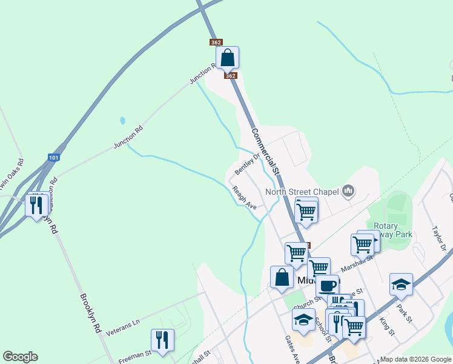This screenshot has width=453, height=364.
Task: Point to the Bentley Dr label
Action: click(x=247, y=161)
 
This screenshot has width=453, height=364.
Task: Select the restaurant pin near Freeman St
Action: click(x=162, y=340)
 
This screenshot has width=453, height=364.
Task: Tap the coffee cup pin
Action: click(x=327, y=286)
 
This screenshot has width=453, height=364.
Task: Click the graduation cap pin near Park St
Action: click(x=401, y=284)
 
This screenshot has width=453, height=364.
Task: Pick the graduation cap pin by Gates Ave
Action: click(x=303, y=319)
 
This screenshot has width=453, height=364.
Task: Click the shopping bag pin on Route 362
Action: click(x=227, y=58)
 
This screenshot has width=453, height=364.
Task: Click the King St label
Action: click(x=386, y=326)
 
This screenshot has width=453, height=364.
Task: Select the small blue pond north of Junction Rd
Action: click(x=122, y=120)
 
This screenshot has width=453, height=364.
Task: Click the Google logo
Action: click(x=20, y=357)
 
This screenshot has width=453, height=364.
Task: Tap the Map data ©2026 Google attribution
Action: click(x=415, y=359)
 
